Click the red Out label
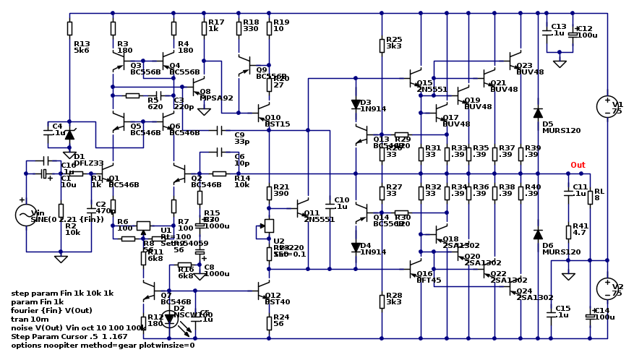(x=578, y=165)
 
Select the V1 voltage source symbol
(x=607, y=107)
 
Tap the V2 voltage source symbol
(x=607, y=288)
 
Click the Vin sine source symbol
(x=26, y=215)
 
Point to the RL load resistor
(x=590, y=197)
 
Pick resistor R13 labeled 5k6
(x=69, y=28)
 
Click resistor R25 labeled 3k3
(x=382, y=46)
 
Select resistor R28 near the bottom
(x=382, y=300)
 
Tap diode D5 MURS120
(x=538, y=113)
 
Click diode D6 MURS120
(x=538, y=234)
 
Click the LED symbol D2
(x=170, y=318)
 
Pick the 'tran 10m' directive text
(x=30, y=319)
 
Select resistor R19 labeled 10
(x=269, y=28)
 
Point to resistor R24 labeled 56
(x=269, y=322)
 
